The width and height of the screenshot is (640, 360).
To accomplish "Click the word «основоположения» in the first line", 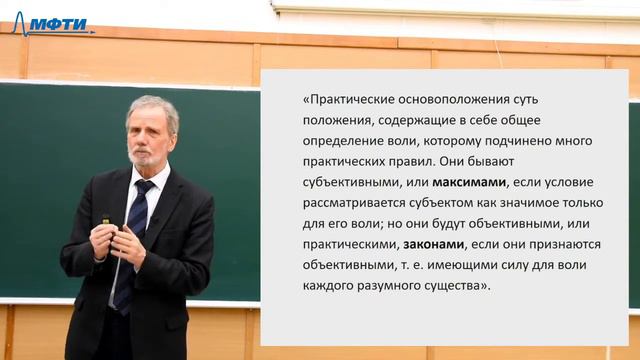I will coord(441,100).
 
